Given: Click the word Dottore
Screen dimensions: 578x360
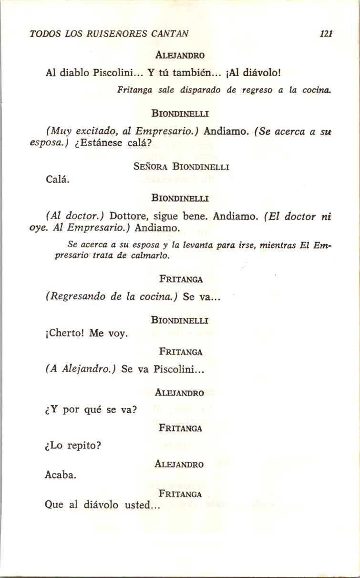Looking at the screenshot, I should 128,216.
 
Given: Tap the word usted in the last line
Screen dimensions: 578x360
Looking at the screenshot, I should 137,505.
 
